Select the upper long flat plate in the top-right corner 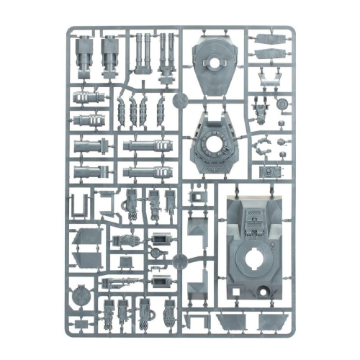pyautogui.click(x=271, y=40)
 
